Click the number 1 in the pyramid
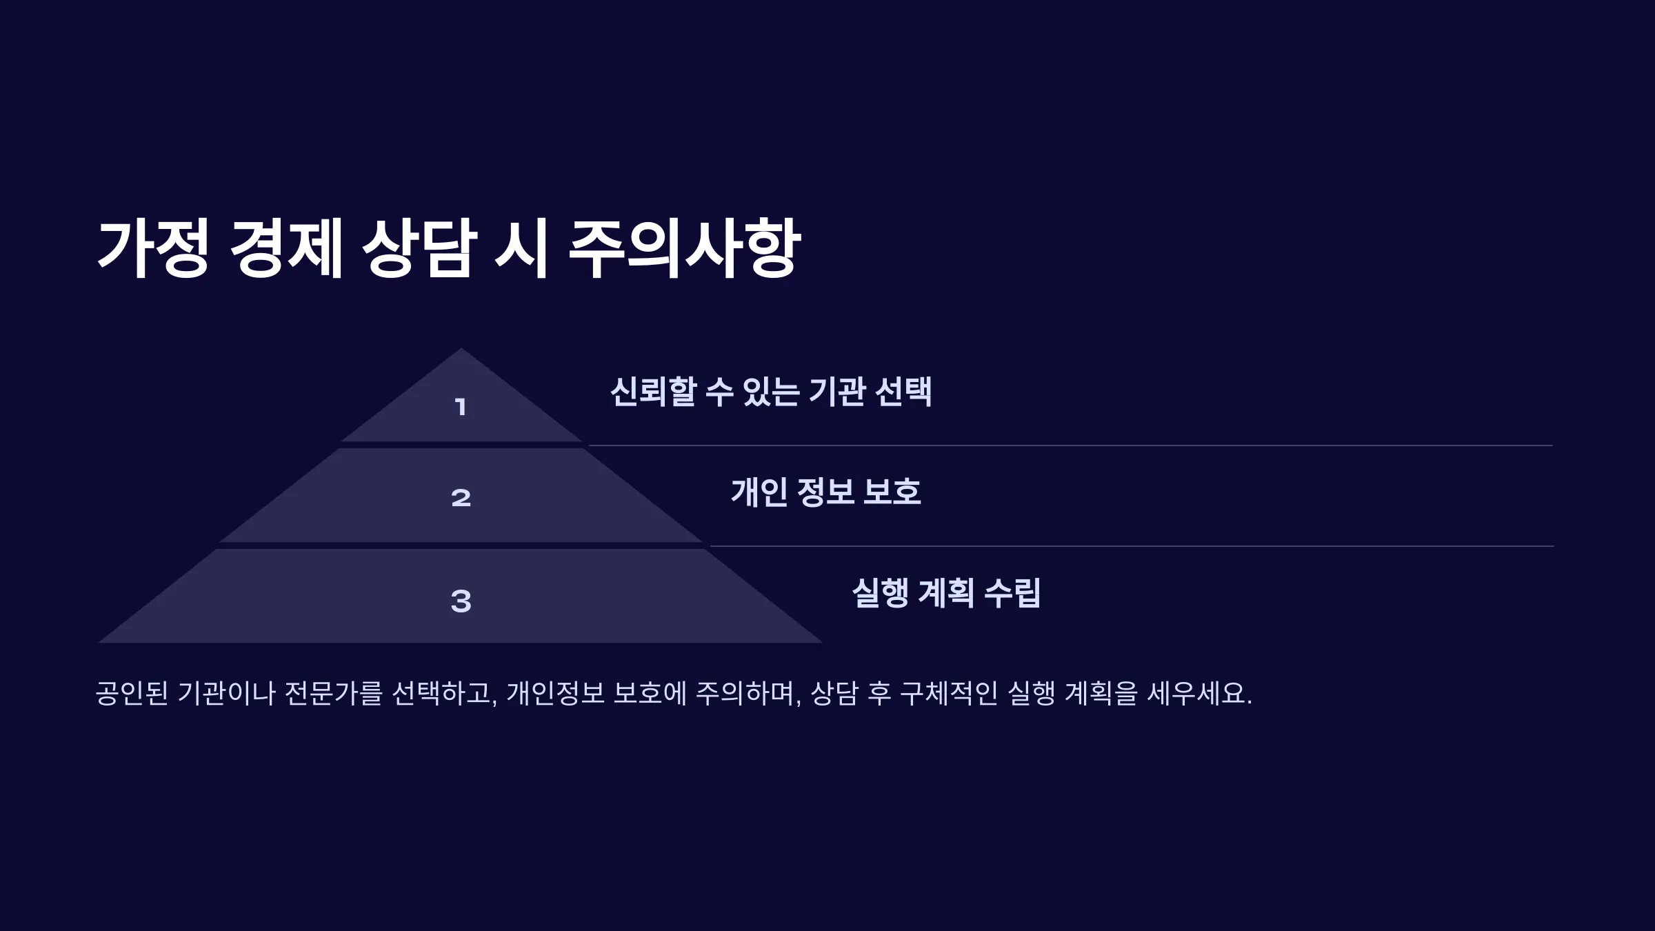click(x=461, y=407)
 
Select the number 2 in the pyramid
click(x=461, y=498)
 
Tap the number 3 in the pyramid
click(x=461, y=601)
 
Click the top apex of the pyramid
click(x=461, y=348)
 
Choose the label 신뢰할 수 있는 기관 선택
click(x=771, y=392)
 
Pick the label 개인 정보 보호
click(x=826, y=492)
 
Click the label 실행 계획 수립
click(x=946, y=593)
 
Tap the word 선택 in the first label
click(x=903, y=392)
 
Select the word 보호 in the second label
click(x=892, y=492)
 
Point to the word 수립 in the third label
click(x=1012, y=593)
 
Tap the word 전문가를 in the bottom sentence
click(x=333, y=693)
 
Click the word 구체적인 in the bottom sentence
click(x=949, y=693)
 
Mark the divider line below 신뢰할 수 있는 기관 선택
click(x=1071, y=446)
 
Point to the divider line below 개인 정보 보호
click(x=1132, y=546)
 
